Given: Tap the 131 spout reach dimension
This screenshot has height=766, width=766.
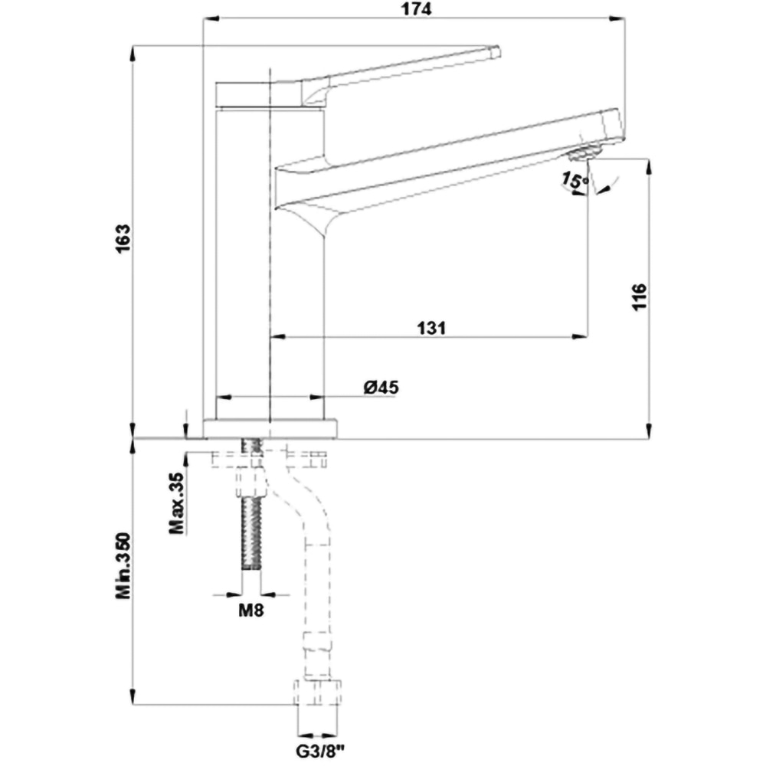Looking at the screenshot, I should coord(431,327).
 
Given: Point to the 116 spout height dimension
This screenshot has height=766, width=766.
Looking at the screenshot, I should coord(640,296).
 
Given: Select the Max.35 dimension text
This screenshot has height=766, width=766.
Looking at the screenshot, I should coord(177,502).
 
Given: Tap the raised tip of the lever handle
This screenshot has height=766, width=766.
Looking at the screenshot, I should coord(495,52).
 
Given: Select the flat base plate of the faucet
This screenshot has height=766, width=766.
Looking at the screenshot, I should coord(270,429).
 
